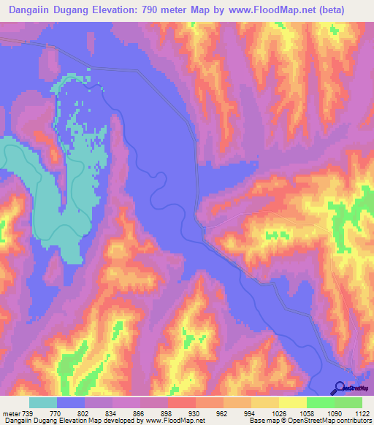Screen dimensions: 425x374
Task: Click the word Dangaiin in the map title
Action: [33, 10]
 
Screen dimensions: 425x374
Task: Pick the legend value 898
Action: [161, 413]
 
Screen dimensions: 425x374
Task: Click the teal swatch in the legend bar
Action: [43, 402]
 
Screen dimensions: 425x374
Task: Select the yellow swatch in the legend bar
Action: [292, 402]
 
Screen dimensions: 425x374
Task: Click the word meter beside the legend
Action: [9, 413]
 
